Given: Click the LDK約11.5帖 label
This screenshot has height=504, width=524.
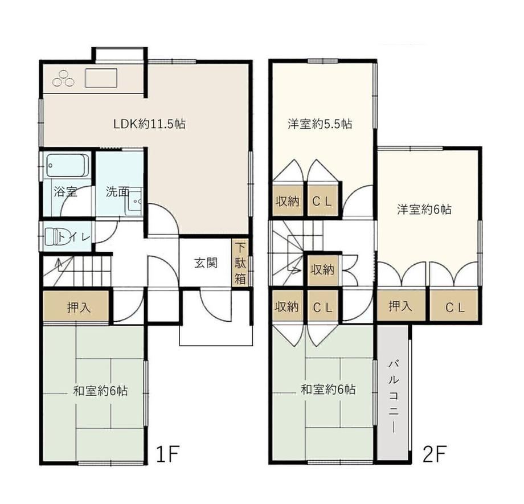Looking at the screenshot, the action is click(x=149, y=124).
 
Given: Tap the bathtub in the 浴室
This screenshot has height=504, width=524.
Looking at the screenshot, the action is click(x=68, y=166).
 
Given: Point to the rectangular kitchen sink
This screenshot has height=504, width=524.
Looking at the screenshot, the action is click(x=101, y=78).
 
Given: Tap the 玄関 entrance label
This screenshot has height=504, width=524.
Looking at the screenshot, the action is click(x=206, y=263).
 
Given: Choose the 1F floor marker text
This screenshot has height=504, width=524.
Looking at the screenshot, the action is click(x=168, y=453).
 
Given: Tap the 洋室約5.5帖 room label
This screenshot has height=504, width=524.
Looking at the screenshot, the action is click(x=320, y=124).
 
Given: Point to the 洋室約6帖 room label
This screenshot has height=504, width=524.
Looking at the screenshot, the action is click(x=424, y=210).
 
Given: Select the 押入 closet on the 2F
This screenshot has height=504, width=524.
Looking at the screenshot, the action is click(x=401, y=306).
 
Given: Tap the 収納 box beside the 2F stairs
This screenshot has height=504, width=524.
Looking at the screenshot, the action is click(x=322, y=270).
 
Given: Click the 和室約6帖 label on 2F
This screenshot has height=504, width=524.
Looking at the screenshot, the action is click(x=328, y=390).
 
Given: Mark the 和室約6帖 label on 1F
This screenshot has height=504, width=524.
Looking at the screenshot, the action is click(x=100, y=390).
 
